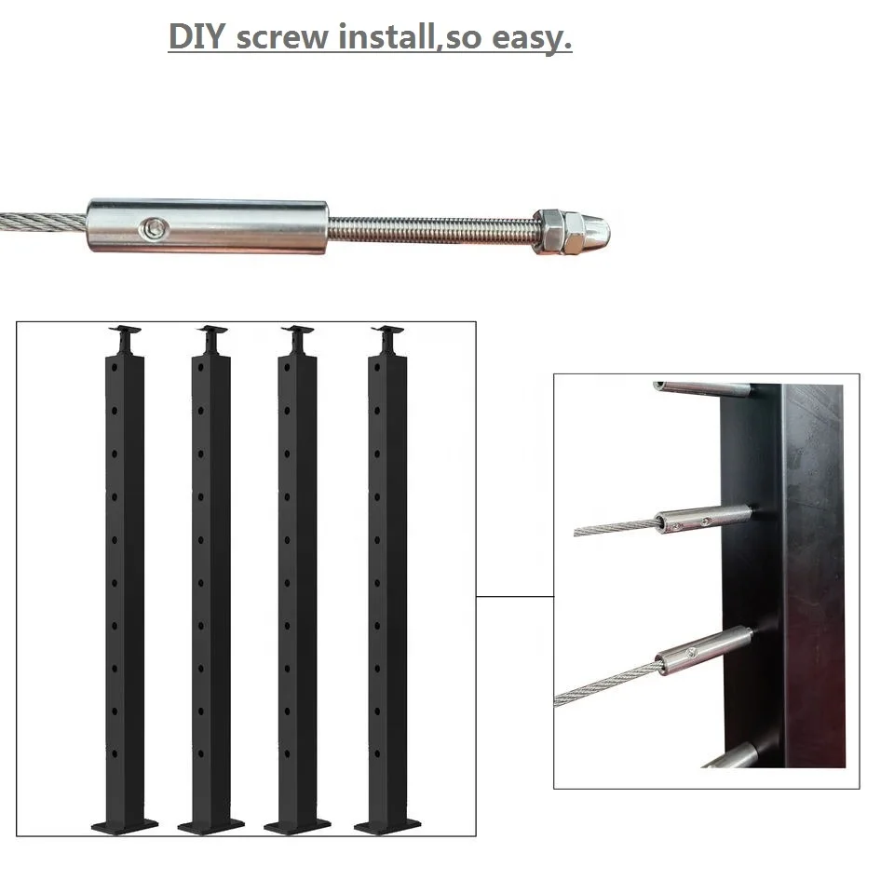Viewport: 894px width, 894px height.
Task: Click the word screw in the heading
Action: tap(283, 38)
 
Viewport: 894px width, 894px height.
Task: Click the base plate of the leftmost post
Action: tap(125, 824)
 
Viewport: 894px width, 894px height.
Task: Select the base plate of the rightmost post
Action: tap(387, 824)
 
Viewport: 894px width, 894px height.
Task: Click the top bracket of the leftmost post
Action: tap(125, 331)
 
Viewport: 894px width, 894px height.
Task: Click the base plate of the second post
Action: tap(210, 824)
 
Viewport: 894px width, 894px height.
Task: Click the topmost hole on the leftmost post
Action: tap(115, 368)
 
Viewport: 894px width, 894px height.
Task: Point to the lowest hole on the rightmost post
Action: tap(378, 752)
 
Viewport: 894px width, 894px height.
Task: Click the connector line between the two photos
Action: tap(514, 596)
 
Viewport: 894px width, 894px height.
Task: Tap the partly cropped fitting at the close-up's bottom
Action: tap(736, 756)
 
